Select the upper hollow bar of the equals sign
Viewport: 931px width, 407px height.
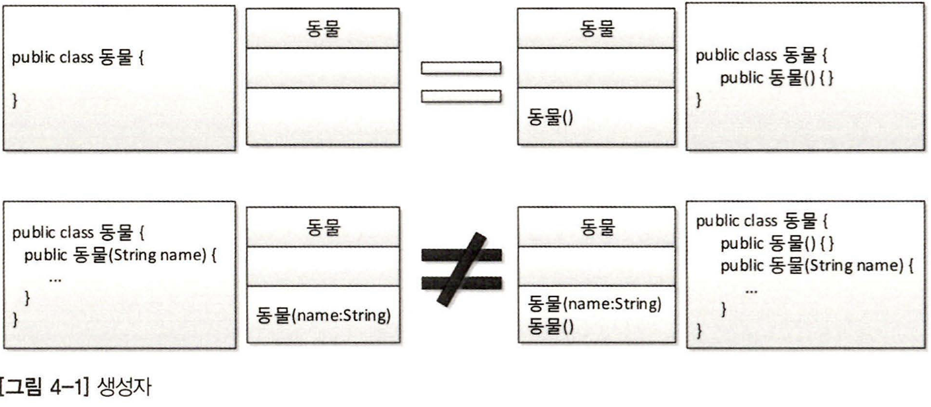click(461, 68)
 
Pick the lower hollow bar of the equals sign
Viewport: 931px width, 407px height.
click(461, 97)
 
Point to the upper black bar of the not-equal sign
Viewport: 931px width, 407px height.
click(461, 255)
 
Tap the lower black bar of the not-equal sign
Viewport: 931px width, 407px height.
click(461, 283)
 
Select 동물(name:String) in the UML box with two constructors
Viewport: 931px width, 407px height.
click(594, 304)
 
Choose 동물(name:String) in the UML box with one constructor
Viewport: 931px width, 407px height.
click(323, 314)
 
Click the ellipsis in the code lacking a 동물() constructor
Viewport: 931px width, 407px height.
click(55, 279)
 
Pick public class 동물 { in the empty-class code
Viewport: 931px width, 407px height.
click(78, 57)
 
